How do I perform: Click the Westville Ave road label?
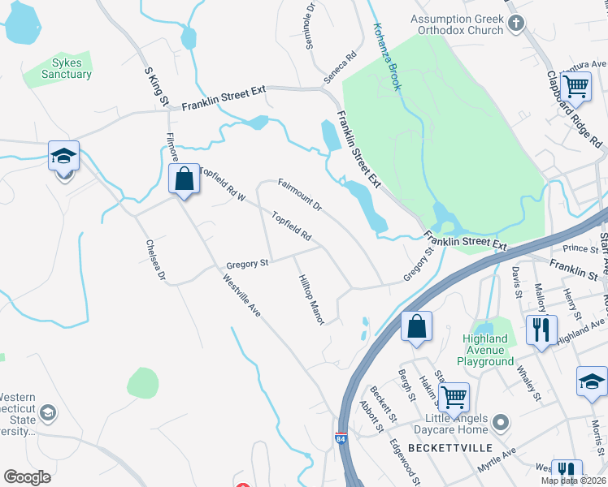(x=241, y=294)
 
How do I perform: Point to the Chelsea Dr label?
(x=155, y=261)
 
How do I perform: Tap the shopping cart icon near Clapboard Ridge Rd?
(x=575, y=85)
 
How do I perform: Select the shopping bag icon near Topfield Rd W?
(x=185, y=179)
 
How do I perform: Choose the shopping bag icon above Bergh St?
(x=416, y=326)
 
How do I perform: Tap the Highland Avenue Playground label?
(x=489, y=350)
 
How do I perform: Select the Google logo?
(x=28, y=477)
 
